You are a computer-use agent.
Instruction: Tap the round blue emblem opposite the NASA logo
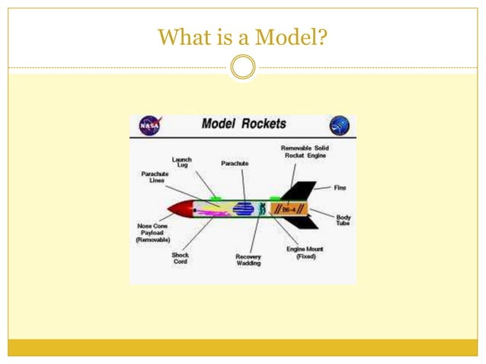[x=340, y=125]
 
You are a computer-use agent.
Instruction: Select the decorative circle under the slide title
[x=242, y=67]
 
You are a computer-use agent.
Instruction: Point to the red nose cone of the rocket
[x=180, y=208]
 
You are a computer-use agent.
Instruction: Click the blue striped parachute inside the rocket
[x=244, y=208]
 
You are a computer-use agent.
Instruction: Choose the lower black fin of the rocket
[x=301, y=224]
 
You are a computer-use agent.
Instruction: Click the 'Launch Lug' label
[x=182, y=161]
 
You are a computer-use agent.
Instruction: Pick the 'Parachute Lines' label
[x=154, y=178]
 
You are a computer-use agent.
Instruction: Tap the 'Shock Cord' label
[x=181, y=259]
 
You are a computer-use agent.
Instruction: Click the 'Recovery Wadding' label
[x=248, y=260]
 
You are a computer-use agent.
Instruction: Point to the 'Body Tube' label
[x=344, y=220]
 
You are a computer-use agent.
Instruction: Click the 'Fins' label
[x=340, y=187]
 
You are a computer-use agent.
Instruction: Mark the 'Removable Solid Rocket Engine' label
[x=305, y=152]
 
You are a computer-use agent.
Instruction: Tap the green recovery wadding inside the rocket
[x=264, y=208]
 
